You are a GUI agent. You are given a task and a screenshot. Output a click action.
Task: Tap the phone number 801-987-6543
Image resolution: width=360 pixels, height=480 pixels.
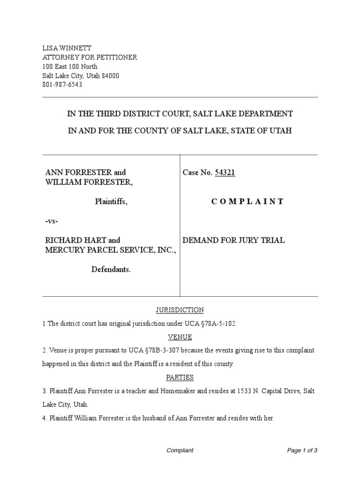pyautogui.click(x=61, y=84)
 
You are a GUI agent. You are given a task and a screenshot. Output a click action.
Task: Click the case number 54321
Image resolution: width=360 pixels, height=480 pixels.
pyautogui.click(x=225, y=172)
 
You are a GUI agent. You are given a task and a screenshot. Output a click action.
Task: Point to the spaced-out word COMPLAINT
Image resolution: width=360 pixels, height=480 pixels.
pyautogui.click(x=247, y=202)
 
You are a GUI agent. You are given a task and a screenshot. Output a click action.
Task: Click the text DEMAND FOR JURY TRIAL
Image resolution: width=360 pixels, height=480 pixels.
pyautogui.click(x=233, y=240)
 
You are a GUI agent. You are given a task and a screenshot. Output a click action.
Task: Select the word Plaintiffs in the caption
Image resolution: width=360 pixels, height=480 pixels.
pyautogui.click(x=111, y=202)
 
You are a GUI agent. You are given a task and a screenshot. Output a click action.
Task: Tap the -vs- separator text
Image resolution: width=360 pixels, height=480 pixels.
pyautogui.click(x=52, y=221)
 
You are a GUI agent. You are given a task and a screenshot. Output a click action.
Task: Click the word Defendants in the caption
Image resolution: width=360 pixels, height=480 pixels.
pyautogui.click(x=111, y=270)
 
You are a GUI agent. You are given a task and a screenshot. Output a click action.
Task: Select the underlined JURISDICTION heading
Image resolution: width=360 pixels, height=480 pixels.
pyautogui.click(x=180, y=310)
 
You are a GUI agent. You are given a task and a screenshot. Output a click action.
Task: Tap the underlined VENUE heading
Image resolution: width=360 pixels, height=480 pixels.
pyautogui.click(x=180, y=337)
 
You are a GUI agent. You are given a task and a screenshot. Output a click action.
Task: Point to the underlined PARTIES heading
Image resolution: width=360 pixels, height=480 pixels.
pyautogui.click(x=180, y=377)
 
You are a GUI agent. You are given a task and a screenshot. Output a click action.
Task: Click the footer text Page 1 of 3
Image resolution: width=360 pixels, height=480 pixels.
pyautogui.click(x=302, y=450)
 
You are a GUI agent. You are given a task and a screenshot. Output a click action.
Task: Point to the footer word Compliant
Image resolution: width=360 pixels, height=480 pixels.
pyautogui.click(x=180, y=450)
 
